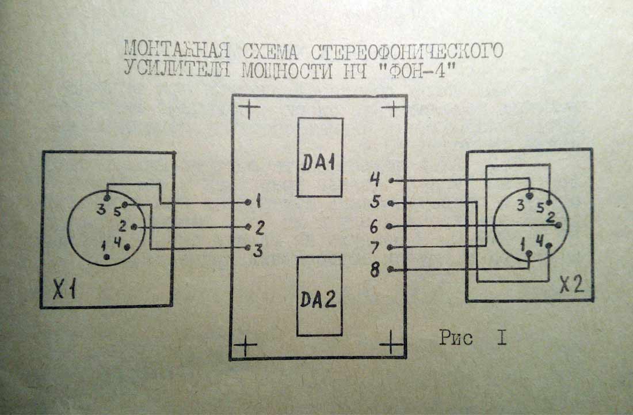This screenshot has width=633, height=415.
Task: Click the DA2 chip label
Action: click(319, 300)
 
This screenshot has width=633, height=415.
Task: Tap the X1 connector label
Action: click(65, 290)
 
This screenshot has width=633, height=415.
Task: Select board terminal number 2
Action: click(259, 227)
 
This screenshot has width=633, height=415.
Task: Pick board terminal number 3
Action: click(258, 250)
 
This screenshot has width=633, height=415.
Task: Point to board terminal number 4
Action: click(375, 180)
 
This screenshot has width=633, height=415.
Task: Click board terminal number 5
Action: click(375, 203)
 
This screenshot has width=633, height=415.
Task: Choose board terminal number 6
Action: click(375, 227)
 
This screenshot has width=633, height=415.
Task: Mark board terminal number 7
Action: click(375, 248)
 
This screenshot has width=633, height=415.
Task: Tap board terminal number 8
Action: click(375, 270)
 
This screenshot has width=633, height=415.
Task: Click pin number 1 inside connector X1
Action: click(104, 247)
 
